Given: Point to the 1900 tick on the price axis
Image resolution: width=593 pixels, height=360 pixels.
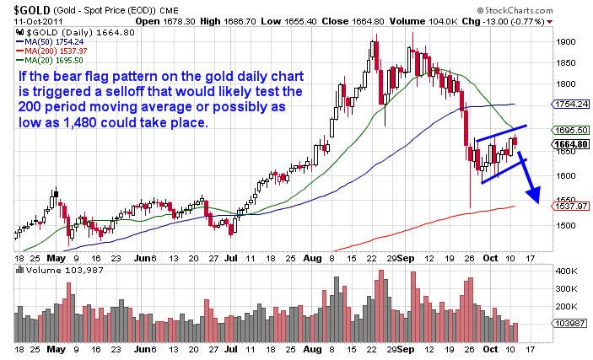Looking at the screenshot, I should (566, 40).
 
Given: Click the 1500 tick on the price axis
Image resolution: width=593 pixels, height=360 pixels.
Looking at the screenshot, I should (566, 225).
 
